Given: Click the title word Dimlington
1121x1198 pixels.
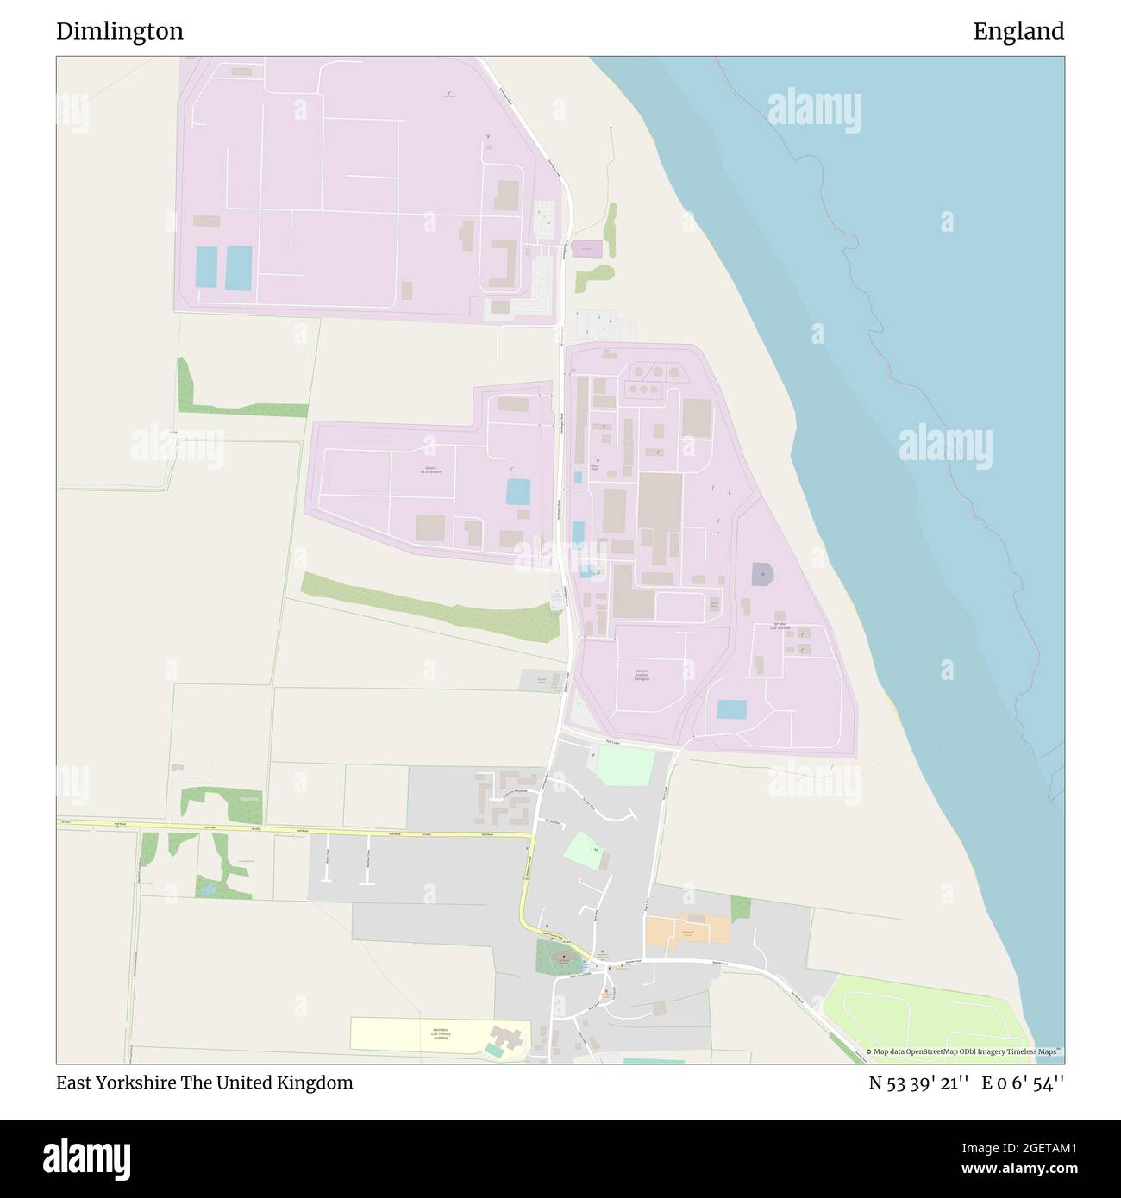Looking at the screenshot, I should coord(119,32).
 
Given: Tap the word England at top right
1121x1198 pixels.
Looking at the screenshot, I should coord(1018,32).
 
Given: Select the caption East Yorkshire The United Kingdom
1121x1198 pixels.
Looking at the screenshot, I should coord(204,1083).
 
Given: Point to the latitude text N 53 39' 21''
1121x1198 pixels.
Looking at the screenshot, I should coord(920,1083).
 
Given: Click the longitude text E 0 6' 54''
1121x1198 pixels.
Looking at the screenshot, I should coord(1024,1083).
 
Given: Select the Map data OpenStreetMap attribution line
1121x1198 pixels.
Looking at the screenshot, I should coord(963,1051).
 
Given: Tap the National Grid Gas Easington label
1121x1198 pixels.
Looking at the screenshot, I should coord(642,675).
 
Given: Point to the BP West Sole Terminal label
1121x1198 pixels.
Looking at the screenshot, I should coord(781,627).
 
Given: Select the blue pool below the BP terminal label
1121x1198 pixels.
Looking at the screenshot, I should coord(732,709).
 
